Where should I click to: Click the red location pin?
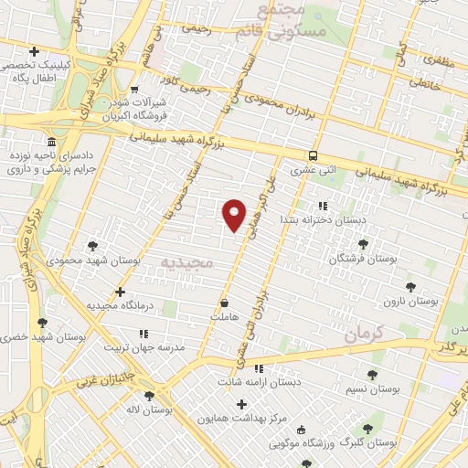point(235,214)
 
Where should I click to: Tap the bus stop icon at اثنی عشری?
point(313,155)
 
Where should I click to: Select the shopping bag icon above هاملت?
point(225,302)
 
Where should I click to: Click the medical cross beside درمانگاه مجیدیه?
point(120,292)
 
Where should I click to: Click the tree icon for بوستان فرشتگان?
point(364,244)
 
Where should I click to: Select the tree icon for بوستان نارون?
point(409,286)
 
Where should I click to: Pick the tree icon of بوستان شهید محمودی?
point(92,245)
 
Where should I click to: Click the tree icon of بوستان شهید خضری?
point(42,323)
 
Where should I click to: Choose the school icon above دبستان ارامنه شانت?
point(258,368)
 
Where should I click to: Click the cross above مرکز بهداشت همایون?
point(241,403)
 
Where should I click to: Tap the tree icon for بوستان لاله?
point(149,396)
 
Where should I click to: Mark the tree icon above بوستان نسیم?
point(372,375)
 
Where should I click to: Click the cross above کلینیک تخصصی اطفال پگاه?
point(34,52)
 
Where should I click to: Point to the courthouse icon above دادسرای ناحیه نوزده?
point(50,144)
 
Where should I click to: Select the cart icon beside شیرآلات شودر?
point(134,90)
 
